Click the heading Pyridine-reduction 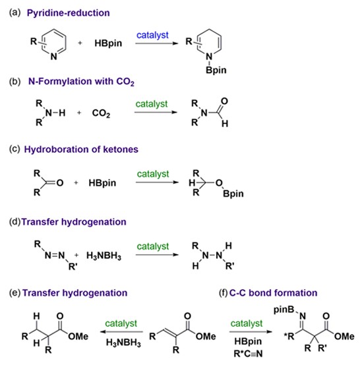coord(69,13)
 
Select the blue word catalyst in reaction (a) coord(152,35)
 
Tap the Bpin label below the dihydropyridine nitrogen coord(216,70)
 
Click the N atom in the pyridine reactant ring coord(54,57)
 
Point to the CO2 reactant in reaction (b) coord(101,113)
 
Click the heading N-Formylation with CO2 coord(81,82)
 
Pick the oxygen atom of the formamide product coord(224,101)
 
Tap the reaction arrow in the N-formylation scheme coord(156,113)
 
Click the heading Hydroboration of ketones coord(81,150)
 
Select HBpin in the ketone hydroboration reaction coord(102,183)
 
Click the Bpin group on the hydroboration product coord(233,194)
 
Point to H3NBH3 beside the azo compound coord(104,256)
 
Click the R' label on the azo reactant coord(73,266)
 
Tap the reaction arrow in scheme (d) coord(157,255)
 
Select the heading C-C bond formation coord(273,293)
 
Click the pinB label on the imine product coord(284,310)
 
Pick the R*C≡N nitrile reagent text coord(248,354)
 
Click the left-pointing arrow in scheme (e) coord(121,332)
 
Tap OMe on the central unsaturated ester coord(206,337)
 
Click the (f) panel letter coord(224,293)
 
